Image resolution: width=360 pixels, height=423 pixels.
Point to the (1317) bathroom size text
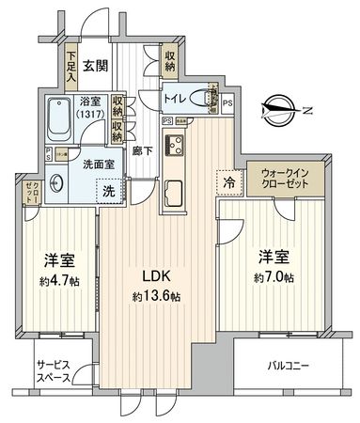coord(90,115)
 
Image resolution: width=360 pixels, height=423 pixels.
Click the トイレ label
coord(174,97)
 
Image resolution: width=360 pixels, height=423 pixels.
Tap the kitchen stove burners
coord(175,146)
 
